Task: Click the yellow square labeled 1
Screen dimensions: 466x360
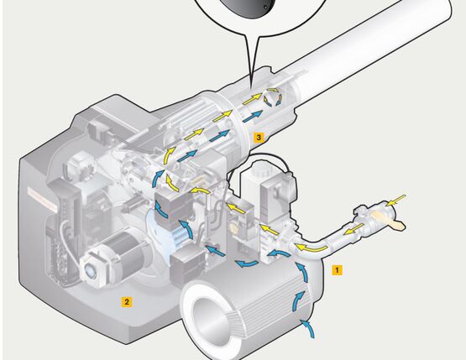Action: (x=337, y=270)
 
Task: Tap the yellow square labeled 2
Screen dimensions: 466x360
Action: (x=127, y=302)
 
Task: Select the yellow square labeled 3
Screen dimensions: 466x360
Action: (x=259, y=138)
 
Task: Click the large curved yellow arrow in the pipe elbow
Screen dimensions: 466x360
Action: (x=311, y=248)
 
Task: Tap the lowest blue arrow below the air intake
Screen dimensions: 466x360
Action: (x=308, y=328)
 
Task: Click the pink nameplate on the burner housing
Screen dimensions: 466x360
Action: (x=42, y=199)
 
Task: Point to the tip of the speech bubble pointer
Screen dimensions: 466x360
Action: (x=251, y=88)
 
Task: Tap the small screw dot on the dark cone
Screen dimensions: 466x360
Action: (x=265, y=8)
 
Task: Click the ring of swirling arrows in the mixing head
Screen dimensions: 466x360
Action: (x=273, y=97)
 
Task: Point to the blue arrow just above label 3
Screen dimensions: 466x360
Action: (x=253, y=116)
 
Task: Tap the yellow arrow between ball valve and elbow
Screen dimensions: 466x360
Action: (x=354, y=228)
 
